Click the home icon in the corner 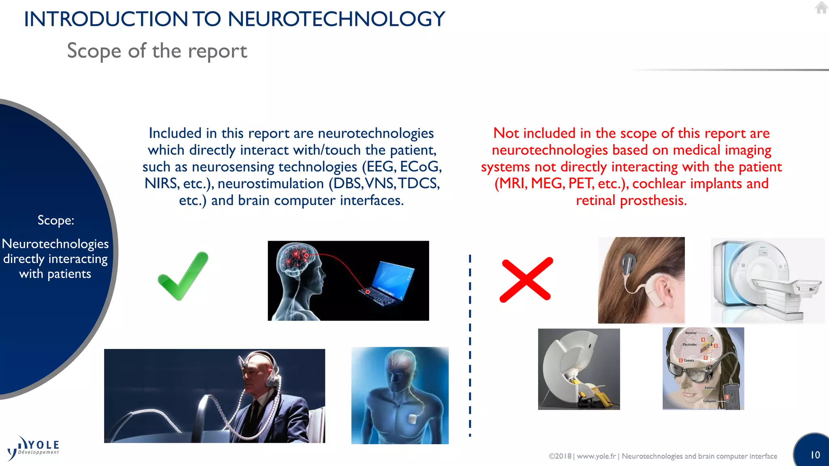point(821,8)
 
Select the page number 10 point(815,455)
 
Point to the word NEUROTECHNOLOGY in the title point(336,19)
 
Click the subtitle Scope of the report point(157,51)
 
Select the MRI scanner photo point(767,280)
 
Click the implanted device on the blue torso point(412,419)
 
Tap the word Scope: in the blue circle point(56,220)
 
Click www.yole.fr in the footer point(596,456)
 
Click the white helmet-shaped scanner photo point(578,369)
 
